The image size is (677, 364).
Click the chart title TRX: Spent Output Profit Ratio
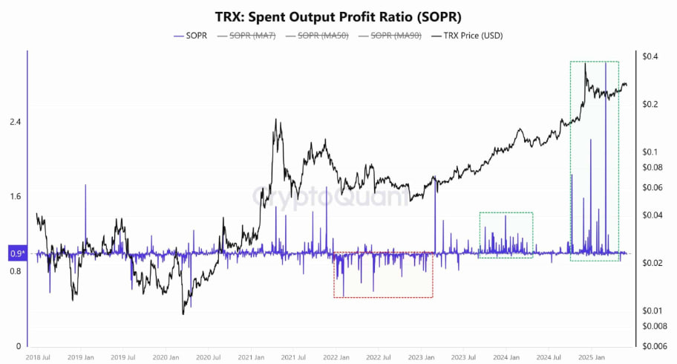click(x=338, y=16)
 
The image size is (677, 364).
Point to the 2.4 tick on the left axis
click(x=14, y=122)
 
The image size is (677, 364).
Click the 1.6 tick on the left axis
click(x=14, y=197)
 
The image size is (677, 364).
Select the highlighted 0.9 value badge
click(x=17, y=254)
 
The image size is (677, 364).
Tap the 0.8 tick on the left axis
click(x=14, y=272)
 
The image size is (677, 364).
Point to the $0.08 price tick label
click(x=651, y=167)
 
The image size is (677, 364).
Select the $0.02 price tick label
click(x=651, y=263)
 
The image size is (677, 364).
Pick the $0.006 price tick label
click(x=653, y=346)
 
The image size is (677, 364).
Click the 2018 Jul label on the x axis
click(x=38, y=357)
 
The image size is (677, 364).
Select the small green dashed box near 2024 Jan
click(x=506, y=235)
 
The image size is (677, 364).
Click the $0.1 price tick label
click(x=650, y=152)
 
